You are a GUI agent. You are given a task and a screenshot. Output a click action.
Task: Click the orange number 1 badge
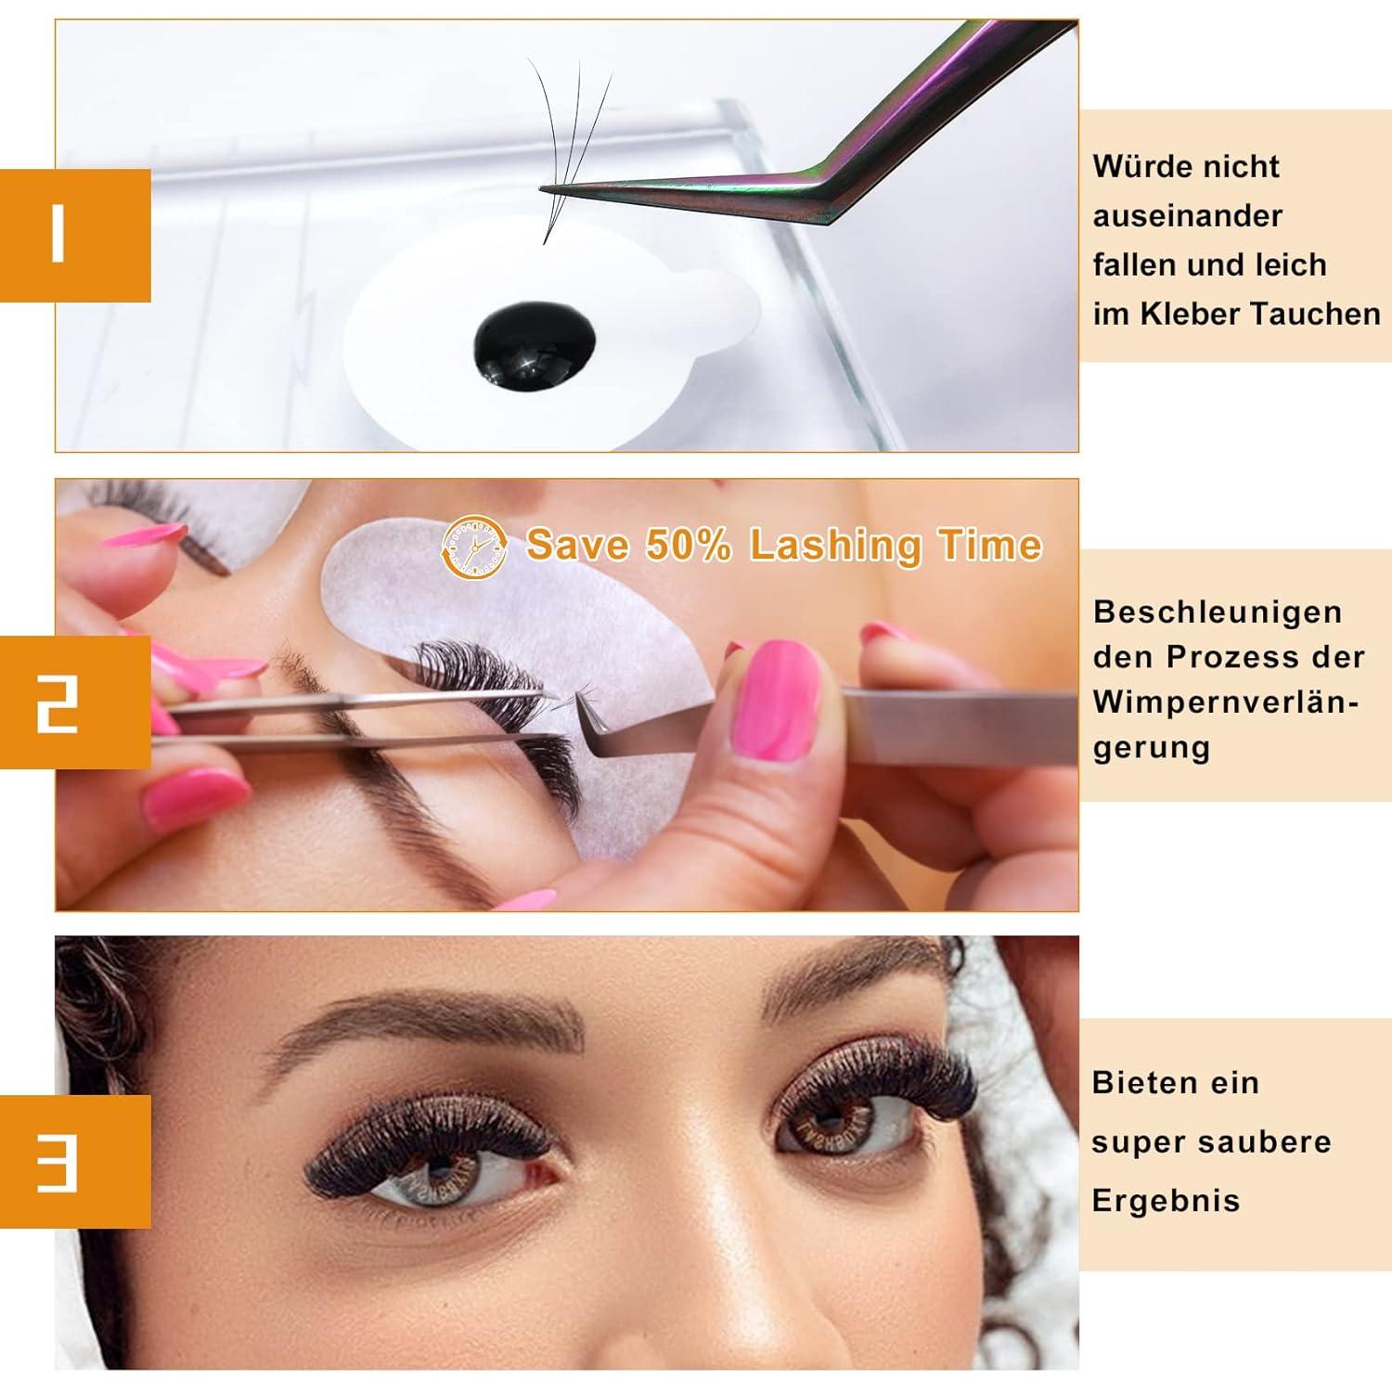[x=74, y=235]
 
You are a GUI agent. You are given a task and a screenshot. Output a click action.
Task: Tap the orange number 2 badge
[x=74, y=702]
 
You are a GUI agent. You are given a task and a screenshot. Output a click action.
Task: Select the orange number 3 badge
[x=74, y=1161]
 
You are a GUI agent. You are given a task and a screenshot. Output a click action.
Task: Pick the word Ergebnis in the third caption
[x=1166, y=1201]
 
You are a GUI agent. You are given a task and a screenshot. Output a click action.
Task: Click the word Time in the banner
[x=990, y=545]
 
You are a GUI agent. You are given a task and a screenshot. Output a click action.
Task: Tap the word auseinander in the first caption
[x=1187, y=216]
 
